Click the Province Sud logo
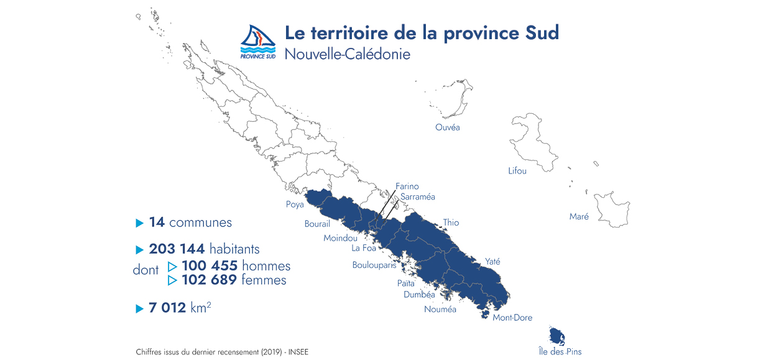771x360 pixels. pos(257,42)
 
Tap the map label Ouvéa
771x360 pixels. pos(448,127)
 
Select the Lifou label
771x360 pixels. pos(517,170)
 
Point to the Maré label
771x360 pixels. pos(579,216)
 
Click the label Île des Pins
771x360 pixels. pos(560,351)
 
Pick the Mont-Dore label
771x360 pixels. pos(512,318)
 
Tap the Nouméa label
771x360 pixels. pos(440,309)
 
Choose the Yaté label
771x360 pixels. pos(492,262)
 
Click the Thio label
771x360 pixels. pos(451,223)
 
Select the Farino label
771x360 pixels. pos(407,186)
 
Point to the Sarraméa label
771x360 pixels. pos(418,196)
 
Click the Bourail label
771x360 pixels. pos(317,224)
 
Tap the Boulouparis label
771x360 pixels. pos(374,265)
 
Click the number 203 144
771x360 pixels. pos(177,249)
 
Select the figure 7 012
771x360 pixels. pos(167,307)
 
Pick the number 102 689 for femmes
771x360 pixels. pos(209,280)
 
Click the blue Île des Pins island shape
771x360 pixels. pos(556,336)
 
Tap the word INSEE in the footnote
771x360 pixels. pos(297,352)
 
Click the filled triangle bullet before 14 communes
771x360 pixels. pos(139,223)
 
